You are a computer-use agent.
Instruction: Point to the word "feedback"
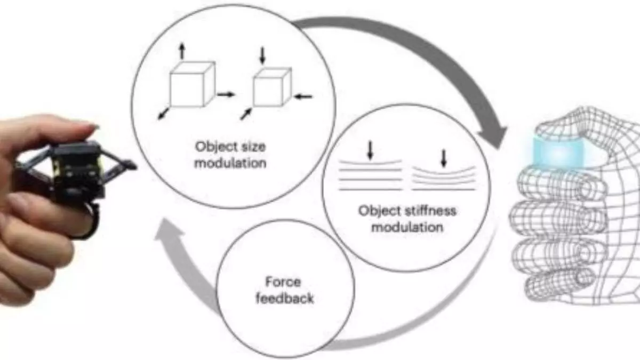click(284, 298)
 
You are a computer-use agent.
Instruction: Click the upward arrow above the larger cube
click(182, 51)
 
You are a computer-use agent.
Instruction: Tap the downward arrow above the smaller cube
click(262, 55)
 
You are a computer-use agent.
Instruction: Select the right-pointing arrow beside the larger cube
click(226, 94)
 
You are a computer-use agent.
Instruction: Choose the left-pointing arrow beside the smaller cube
click(304, 96)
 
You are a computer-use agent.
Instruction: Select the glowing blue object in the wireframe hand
click(558, 152)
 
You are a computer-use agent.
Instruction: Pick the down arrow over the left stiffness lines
click(370, 151)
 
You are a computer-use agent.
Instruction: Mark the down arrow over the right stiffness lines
click(443, 158)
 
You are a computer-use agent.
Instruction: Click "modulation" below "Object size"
click(230, 162)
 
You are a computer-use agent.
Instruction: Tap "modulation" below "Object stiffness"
click(407, 227)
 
